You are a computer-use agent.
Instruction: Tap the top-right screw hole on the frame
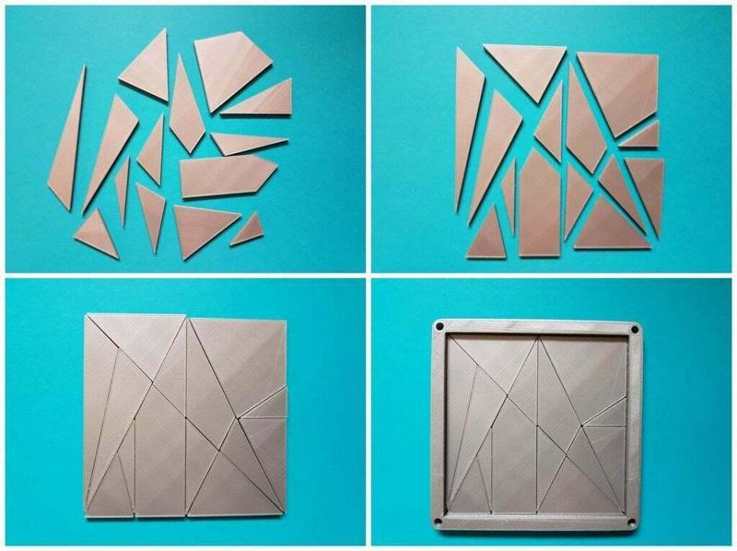coord(635,327)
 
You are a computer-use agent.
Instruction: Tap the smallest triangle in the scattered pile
coord(246,229)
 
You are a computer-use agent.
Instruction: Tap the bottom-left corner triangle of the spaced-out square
coord(485,235)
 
